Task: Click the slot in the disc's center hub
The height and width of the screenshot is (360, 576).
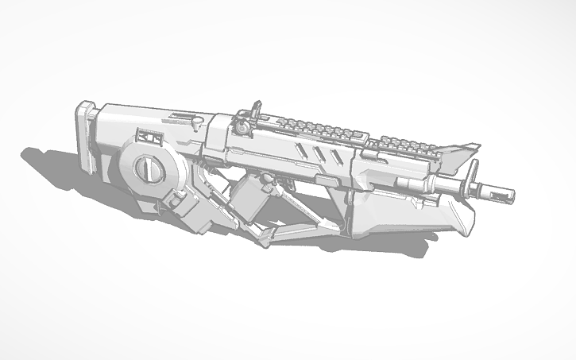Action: point(145,168)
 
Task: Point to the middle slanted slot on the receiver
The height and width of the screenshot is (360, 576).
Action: point(316,153)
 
